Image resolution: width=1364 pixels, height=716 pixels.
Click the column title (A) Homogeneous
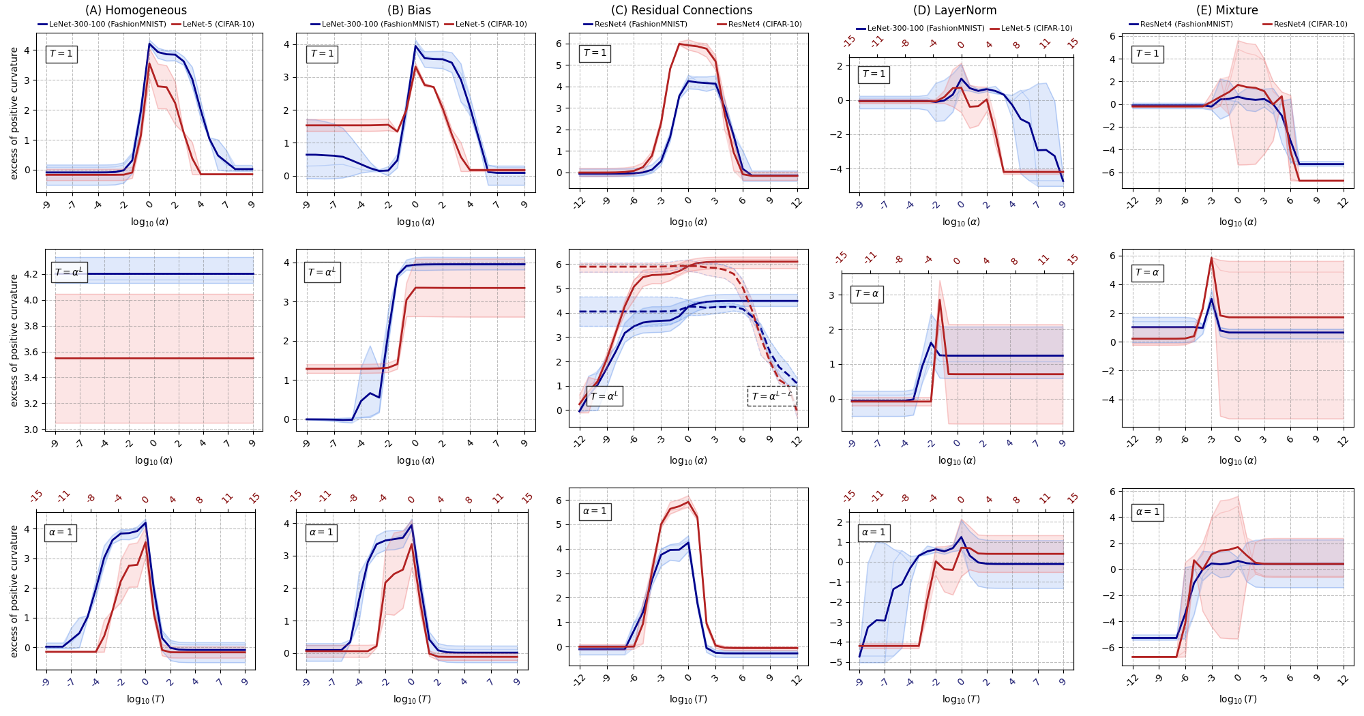(x=136, y=10)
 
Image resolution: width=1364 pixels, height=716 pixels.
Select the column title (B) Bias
(x=409, y=10)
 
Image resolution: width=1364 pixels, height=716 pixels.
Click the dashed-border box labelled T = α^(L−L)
(x=772, y=396)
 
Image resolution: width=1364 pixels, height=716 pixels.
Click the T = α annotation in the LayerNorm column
(x=867, y=294)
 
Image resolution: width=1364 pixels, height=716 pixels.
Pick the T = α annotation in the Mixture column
(x=1146, y=273)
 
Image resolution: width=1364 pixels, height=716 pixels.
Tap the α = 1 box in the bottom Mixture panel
(x=1147, y=511)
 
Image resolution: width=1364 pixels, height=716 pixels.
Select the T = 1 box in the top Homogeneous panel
(x=61, y=54)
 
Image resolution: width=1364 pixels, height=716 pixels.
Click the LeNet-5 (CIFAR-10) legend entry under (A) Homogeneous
(x=218, y=25)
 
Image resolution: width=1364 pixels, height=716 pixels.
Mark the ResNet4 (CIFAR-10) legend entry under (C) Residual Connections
(x=765, y=25)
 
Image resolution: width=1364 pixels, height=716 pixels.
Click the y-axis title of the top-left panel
(x=14, y=113)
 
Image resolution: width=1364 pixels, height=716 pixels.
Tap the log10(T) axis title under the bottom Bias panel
(x=412, y=699)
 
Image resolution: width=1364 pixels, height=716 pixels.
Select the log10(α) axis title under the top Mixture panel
(x=1238, y=222)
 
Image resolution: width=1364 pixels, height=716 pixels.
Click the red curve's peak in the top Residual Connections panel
(x=679, y=44)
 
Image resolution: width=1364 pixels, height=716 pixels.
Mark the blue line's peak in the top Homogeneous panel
(x=149, y=44)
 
